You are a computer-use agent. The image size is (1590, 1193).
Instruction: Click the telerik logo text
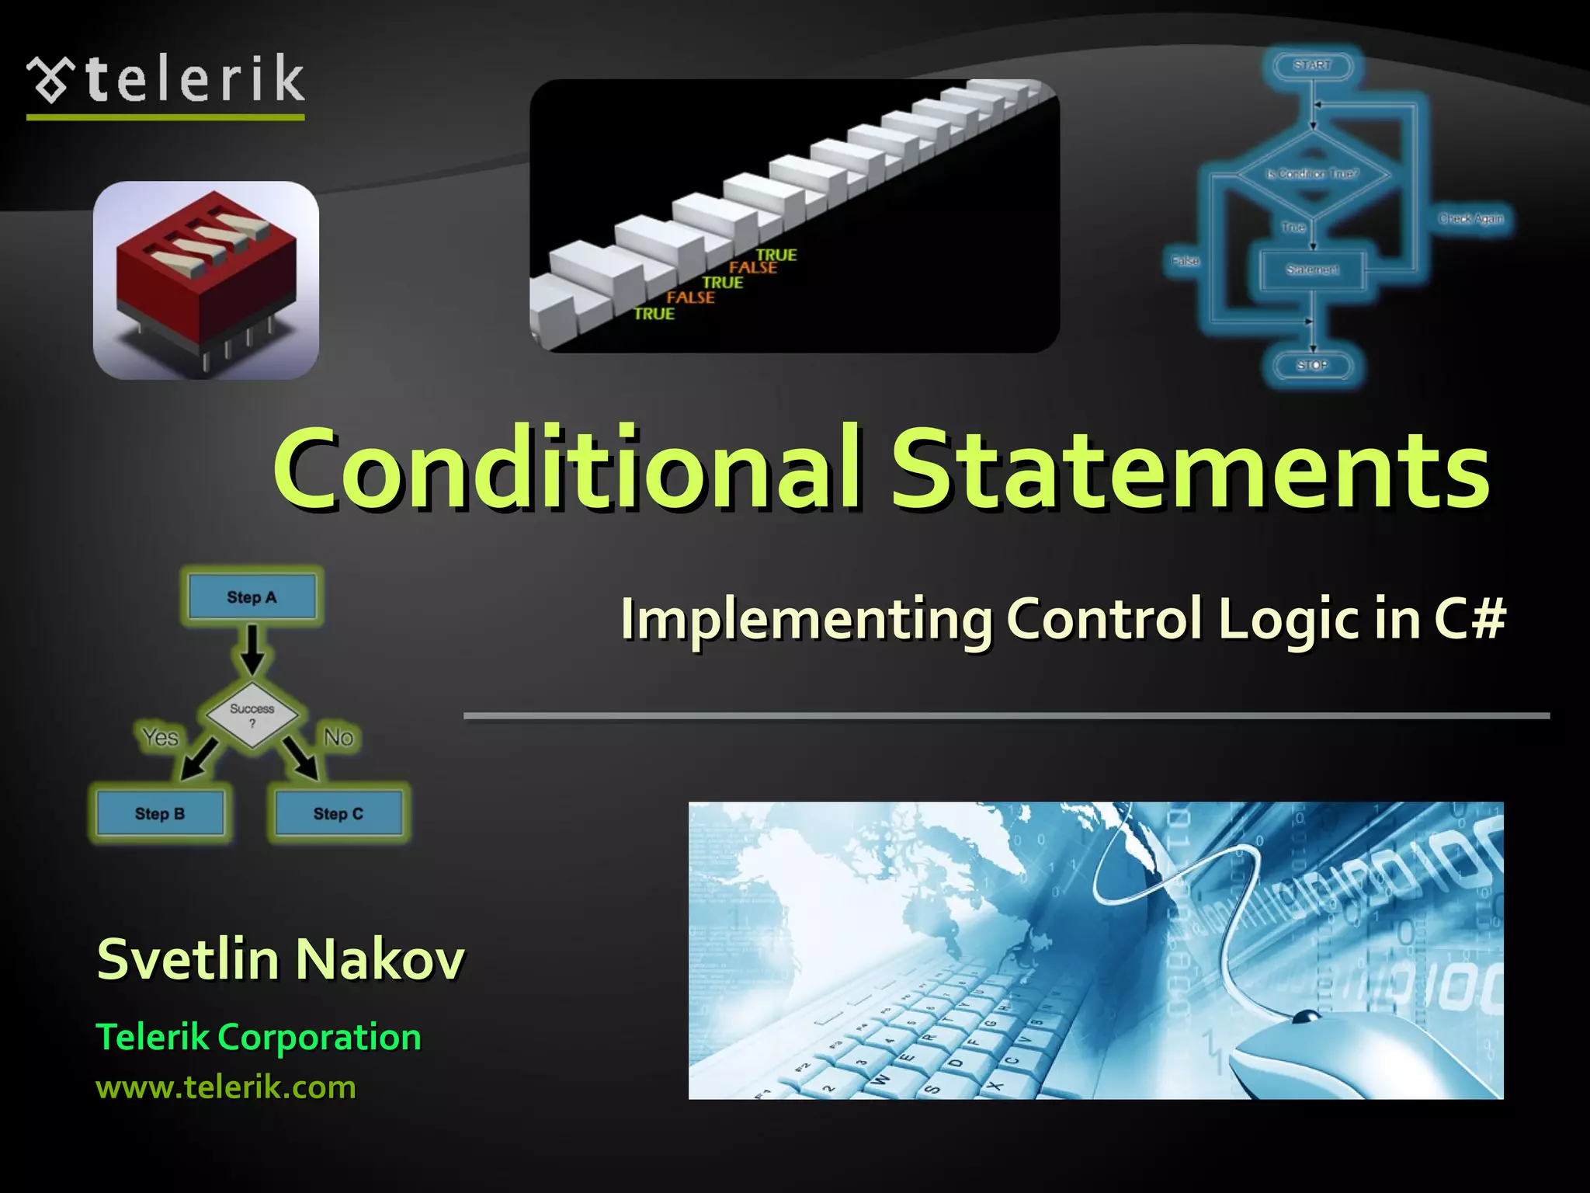194,79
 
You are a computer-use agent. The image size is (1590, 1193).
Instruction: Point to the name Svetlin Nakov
280,960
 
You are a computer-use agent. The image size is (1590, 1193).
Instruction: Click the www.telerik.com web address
225,1087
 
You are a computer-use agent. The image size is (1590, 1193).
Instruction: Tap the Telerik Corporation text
258,1038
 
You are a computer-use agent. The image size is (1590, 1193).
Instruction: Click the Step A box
252,597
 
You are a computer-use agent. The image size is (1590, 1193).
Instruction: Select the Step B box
160,814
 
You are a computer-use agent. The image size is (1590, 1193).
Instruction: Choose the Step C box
338,814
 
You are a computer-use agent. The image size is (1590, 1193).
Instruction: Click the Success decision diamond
252,715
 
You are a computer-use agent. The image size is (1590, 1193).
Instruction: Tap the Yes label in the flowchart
160,737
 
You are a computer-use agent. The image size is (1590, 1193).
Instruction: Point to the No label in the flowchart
338,737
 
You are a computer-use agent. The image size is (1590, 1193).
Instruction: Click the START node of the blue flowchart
1312,65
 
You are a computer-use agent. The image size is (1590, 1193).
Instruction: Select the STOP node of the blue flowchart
1312,365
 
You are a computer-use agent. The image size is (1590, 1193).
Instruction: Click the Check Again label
1471,219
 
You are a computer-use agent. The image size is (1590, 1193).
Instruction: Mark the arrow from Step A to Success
252,649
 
